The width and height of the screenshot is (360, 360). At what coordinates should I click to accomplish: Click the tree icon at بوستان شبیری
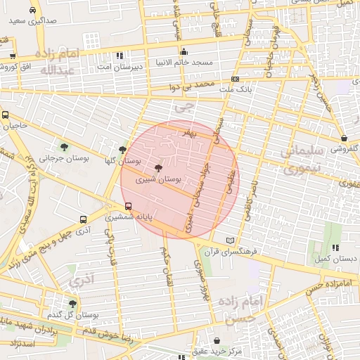[x=157, y=168]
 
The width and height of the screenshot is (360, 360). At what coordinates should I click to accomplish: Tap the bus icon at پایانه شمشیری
[x=128, y=206]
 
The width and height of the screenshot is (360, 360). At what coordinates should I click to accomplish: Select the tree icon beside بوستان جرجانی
[x=65, y=147]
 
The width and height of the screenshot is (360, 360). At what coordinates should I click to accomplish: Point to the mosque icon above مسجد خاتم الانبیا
[x=184, y=51]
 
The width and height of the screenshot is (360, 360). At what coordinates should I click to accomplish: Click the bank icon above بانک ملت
[x=235, y=79]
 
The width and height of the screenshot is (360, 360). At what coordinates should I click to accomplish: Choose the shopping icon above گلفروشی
[x=343, y=138]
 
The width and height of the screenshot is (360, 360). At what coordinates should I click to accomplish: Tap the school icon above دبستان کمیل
[x=335, y=247]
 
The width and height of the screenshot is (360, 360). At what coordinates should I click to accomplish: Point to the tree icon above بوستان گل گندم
[x=72, y=304]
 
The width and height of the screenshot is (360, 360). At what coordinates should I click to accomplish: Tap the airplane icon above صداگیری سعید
[x=33, y=11]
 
